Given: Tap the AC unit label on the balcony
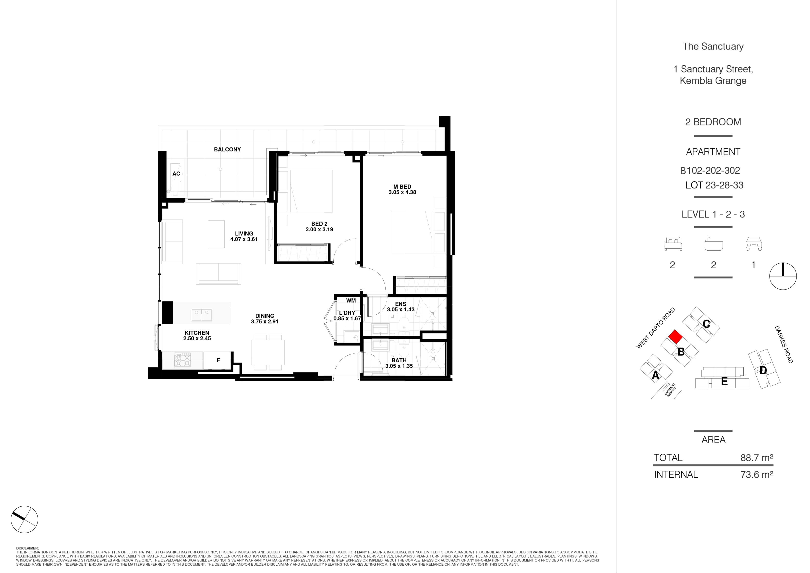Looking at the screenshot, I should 176,174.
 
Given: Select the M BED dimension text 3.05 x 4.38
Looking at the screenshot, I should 402,192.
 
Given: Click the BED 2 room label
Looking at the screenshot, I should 319,224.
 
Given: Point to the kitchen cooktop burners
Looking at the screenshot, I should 183,360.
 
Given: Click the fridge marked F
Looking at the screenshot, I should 218,360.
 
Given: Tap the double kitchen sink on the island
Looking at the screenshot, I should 201,314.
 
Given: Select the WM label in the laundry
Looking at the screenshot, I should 351,301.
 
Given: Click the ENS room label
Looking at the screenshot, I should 400,304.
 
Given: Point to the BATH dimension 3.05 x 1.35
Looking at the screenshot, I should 399,366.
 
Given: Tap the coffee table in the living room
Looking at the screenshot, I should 216,234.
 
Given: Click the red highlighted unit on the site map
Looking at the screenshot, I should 675,337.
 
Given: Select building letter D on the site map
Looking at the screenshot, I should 763,370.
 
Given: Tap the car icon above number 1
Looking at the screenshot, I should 754,244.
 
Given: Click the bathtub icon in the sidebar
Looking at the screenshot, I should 713,244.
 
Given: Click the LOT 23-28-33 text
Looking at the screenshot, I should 714,185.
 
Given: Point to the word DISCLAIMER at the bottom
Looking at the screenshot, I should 27,548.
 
